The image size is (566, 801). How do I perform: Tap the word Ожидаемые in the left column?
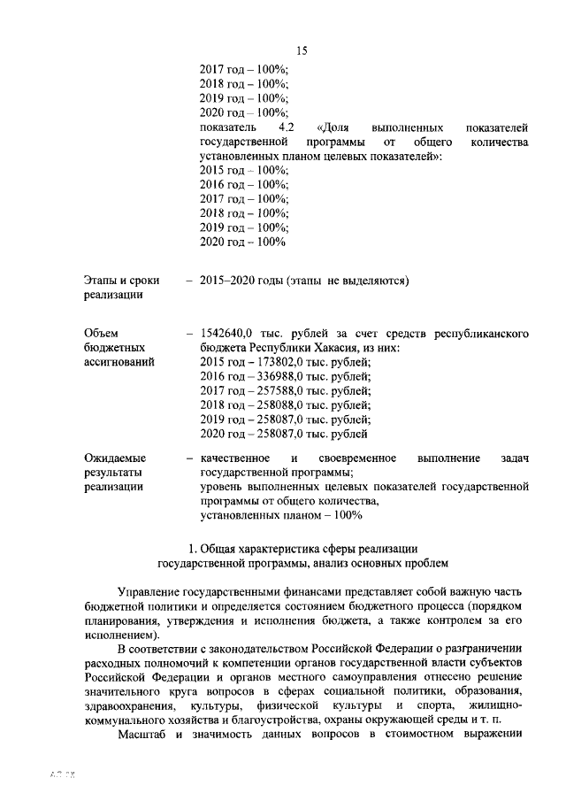tap(115, 458)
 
